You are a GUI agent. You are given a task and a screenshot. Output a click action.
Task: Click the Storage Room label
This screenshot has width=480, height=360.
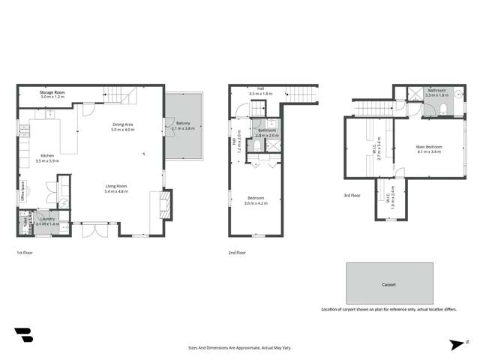coord(52,93)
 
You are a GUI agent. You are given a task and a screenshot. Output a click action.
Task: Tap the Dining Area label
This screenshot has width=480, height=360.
coord(122,125)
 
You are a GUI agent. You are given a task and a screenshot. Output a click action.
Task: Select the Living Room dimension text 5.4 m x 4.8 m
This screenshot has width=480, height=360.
coord(115,191)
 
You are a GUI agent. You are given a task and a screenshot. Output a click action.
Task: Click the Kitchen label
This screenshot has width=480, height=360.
coord(46,156)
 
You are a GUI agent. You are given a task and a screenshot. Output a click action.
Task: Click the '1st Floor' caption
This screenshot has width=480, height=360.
coord(24,253)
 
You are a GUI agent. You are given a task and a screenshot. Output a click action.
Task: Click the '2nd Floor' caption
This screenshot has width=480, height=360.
coord(237,253)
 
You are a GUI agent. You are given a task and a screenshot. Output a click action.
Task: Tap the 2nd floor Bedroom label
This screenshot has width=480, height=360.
coord(256,198)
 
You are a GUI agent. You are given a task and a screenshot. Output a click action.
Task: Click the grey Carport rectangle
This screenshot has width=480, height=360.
coord(388,284)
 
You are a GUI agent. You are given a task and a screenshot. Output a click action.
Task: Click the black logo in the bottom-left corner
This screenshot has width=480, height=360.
coord(23,335)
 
